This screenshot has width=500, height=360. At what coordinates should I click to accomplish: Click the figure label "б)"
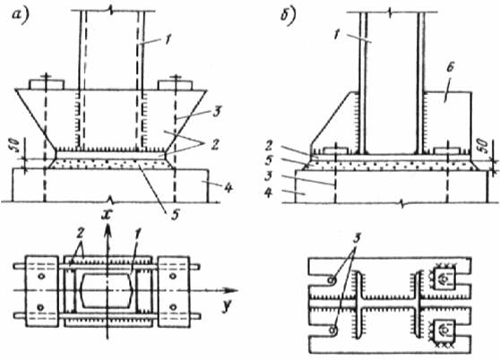tap(289, 15)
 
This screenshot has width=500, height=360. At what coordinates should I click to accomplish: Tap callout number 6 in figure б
tap(450, 67)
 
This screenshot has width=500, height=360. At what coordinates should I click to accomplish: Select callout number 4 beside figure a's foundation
tap(228, 187)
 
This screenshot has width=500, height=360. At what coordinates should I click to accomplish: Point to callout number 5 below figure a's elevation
tap(175, 215)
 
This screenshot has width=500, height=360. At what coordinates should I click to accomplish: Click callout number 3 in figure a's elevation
tap(217, 112)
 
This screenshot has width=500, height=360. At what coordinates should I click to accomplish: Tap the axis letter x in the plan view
tap(106, 215)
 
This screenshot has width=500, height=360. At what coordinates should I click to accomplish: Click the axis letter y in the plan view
tap(227, 307)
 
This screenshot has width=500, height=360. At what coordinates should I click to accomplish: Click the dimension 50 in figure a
tap(16, 146)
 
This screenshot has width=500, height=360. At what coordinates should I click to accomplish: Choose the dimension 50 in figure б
tap(484, 145)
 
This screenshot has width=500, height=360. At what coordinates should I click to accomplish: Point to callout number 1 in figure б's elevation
tap(336, 33)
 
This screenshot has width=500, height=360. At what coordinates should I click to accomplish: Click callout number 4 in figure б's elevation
tap(269, 193)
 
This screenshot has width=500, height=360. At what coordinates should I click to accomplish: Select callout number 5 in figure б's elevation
tap(269, 160)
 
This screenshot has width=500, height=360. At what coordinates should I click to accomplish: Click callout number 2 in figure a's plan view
tap(80, 233)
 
